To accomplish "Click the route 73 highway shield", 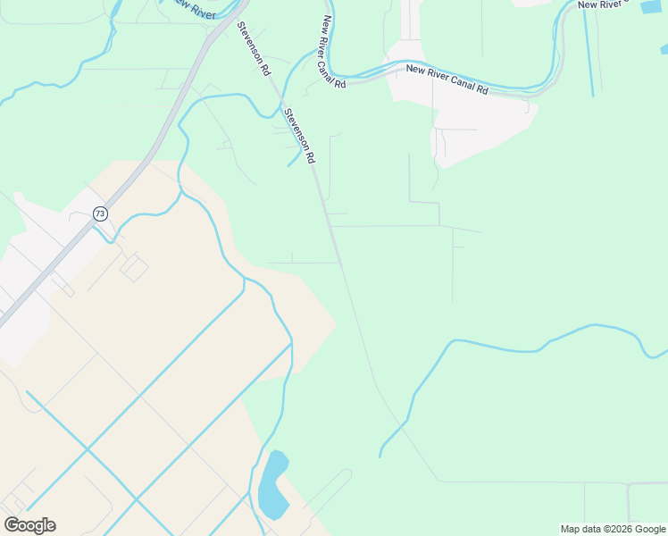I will (x=100, y=214).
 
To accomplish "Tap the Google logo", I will (x=29, y=525).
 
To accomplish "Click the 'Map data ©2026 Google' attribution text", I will (x=613, y=529).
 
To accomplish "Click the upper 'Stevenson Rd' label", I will (x=254, y=49).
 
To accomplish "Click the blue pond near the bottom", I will (x=271, y=487).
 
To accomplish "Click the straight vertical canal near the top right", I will (x=591, y=54).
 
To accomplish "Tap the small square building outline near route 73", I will (x=134, y=266).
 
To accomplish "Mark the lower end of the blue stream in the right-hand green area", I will (x=380, y=456).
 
